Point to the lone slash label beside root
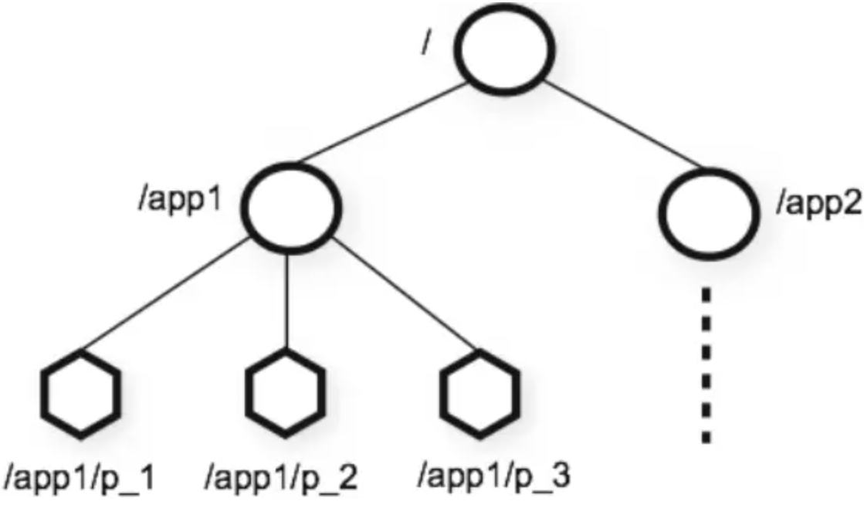click(426, 42)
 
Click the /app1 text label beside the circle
click(180, 199)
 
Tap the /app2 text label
click(818, 203)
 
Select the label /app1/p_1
click(80, 477)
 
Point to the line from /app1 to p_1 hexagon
click(163, 295)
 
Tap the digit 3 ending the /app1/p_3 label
click(560, 474)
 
